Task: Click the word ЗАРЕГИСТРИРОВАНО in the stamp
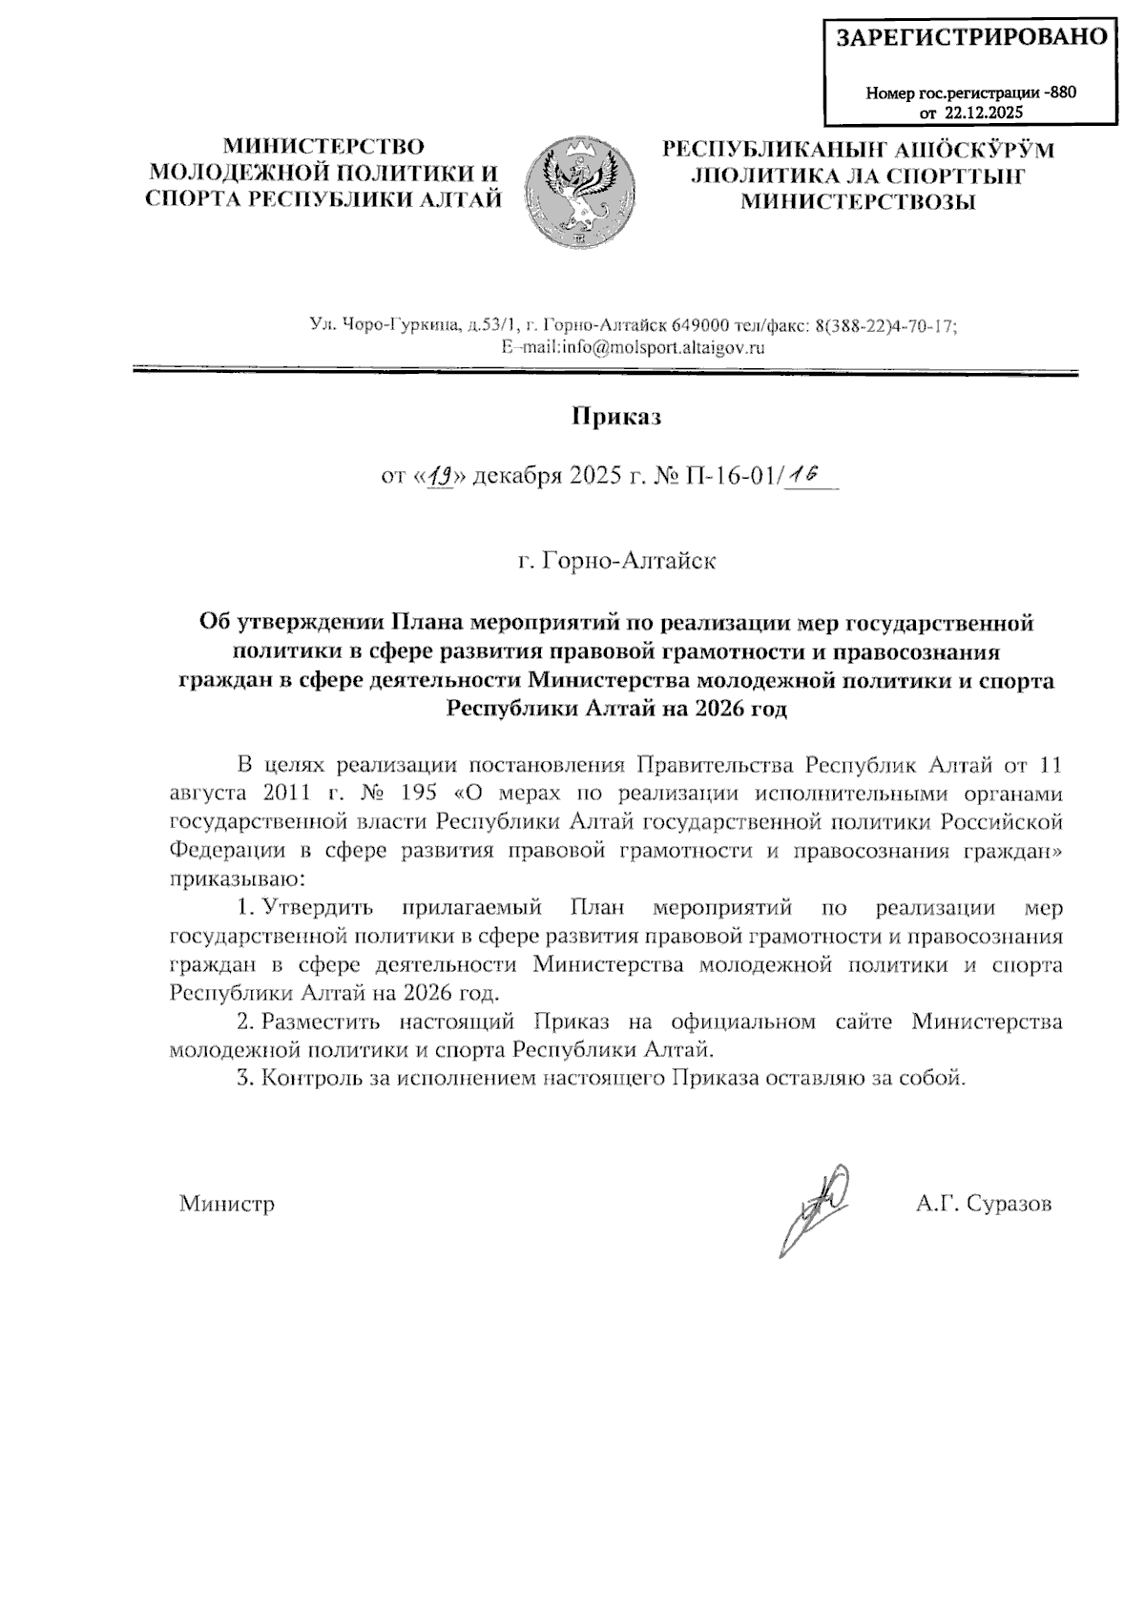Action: [971, 37]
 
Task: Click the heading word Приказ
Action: [616, 417]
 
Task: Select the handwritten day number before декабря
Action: [440, 475]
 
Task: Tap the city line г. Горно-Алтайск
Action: [616, 560]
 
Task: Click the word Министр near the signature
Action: [227, 1205]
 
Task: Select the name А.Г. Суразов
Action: [984, 1205]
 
